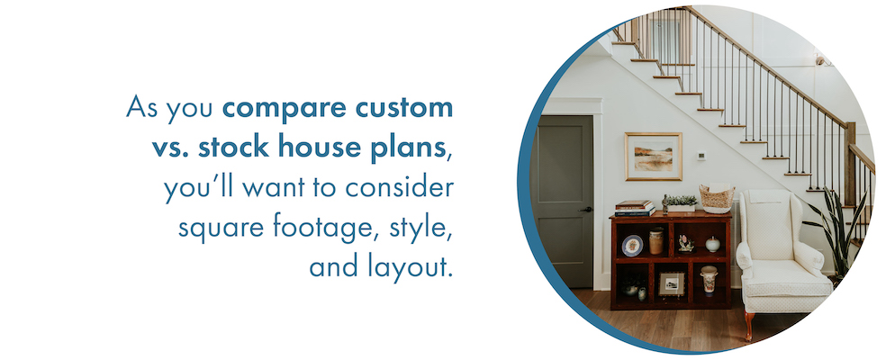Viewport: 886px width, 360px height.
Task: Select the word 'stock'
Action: pos(234,147)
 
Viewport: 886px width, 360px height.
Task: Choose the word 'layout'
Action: pos(410,266)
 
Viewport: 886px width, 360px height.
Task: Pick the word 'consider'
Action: pos(400,186)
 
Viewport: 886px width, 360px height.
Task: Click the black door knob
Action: pos(589,209)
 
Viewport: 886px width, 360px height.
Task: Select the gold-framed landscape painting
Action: pos(653,157)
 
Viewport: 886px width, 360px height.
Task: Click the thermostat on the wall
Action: pos(701,156)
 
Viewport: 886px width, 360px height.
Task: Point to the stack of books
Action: pos(635,208)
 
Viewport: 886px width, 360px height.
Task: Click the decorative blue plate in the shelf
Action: pos(632,246)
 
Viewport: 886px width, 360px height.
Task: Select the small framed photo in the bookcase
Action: pos(672,283)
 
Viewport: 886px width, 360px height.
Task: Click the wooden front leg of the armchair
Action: pos(749,326)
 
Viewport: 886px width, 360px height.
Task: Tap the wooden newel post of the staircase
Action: pos(849,164)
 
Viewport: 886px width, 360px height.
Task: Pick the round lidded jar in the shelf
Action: pos(712,244)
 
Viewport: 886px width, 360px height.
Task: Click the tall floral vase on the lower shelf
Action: pos(709,280)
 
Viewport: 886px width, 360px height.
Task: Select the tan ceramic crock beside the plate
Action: pos(656,241)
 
